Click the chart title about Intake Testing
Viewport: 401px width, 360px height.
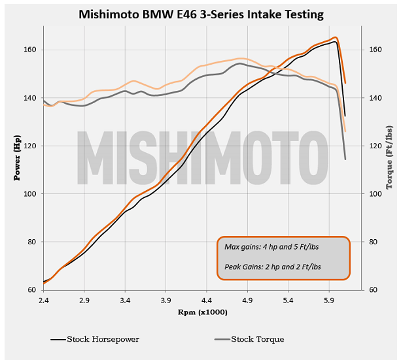(200, 14)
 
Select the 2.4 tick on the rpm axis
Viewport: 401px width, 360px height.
(44, 299)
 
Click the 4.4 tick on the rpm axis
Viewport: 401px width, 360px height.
(207, 299)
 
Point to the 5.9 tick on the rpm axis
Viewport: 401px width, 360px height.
(329, 299)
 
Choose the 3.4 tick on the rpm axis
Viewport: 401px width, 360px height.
(125, 299)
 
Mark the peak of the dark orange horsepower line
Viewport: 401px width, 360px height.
(336, 37)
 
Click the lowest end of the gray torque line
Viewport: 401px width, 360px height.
(345, 159)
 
